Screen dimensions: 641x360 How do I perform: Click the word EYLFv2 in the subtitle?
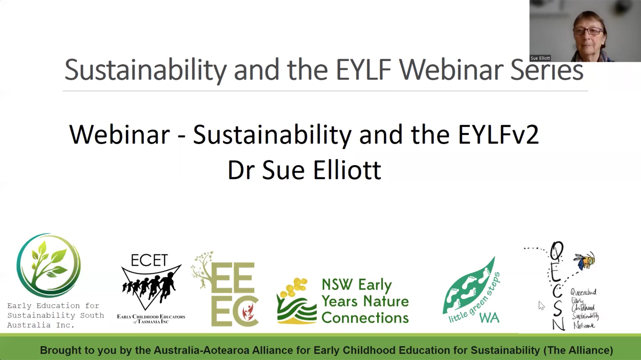pyautogui.click(x=498, y=135)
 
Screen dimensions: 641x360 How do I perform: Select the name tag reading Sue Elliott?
pyautogui.click(x=540, y=58)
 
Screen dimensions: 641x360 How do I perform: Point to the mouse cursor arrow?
pyautogui.click(x=541, y=306)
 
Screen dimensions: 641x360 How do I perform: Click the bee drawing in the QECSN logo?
pyautogui.click(x=585, y=260)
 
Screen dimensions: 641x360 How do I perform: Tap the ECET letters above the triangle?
pyautogui.click(x=149, y=260)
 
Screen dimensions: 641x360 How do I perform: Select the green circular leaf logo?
pyautogui.click(x=49, y=265)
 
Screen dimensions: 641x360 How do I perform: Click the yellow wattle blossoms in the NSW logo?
pyautogui.click(x=294, y=287)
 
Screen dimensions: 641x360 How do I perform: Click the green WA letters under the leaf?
pyautogui.click(x=489, y=318)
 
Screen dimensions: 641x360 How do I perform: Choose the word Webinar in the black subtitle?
pyautogui.click(x=120, y=135)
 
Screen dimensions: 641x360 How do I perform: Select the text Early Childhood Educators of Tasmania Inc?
pyautogui.click(x=151, y=319)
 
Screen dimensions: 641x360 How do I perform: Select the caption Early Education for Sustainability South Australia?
pyautogui.click(x=56, y=316)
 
